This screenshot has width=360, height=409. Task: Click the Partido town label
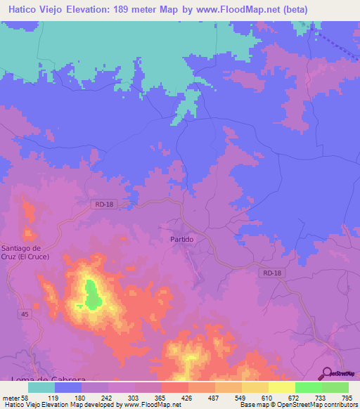coord(181,239)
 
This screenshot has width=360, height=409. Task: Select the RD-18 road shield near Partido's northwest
coord(102,204)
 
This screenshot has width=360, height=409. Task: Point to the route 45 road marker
coord(25,313)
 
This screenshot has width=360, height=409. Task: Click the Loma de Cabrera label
coord(44,379)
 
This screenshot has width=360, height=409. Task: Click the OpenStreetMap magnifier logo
coord(326,374)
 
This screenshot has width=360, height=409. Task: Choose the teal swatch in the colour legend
coord(41,387)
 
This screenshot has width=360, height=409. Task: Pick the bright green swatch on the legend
coord(308,387)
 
